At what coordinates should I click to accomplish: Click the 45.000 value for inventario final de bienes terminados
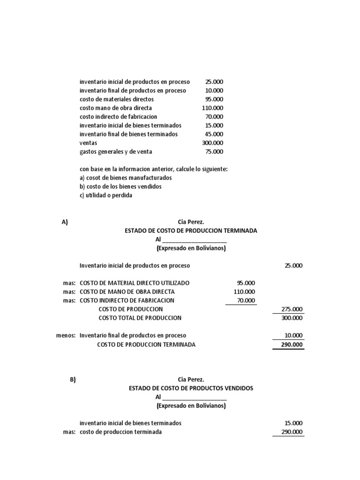(x=214, y=134)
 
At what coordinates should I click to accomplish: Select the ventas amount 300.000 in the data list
(x=213, y=143)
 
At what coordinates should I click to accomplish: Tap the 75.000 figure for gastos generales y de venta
(x=214, y=152)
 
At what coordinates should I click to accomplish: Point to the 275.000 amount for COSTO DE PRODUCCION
(x=292, y=309)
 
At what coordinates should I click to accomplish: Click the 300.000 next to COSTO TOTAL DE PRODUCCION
(x=292, y=318)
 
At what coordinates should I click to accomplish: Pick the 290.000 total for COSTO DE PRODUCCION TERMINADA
(x=292, y=345)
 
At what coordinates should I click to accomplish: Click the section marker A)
(x=65, y=222)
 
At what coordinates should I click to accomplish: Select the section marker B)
(x=73, y=380)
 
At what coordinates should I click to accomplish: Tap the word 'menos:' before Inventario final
(x=66, y=336)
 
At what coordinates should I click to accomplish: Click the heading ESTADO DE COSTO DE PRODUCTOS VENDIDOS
(x=191, y=389)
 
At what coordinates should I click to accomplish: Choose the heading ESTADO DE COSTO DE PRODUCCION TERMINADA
(x=191, y=231)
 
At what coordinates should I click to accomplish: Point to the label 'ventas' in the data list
(x=88, y=143)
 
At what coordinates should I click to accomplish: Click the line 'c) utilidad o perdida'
(x=106, y=195)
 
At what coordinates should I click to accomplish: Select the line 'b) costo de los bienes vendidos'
(x=120, y=187)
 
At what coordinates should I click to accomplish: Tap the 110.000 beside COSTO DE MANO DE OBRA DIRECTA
(x=244, y=292)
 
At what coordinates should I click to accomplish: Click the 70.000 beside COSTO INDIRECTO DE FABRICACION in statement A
(x=246, y=300)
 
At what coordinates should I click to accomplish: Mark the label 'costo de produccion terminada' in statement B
(x=120, y=432)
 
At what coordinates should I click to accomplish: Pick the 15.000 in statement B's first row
(x=293, y=423)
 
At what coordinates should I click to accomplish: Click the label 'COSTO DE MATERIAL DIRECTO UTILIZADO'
(x=135, y=283)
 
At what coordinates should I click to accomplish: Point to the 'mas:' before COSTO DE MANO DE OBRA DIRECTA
(x=69, y=292)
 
